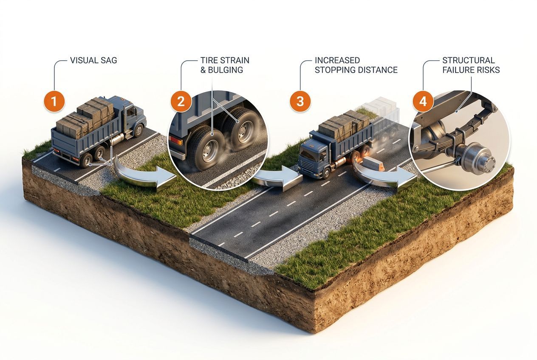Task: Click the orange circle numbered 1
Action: click(54, 101)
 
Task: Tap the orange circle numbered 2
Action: click(181, 101)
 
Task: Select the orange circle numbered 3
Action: click(300, 101)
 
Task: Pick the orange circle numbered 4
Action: click(423, 101)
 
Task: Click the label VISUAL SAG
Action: click(93, 60)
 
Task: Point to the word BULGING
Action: click(225, 70)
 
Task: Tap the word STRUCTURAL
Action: click(469, 60)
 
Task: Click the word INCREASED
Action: click(337, 60)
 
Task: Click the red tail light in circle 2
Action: click(176, 140)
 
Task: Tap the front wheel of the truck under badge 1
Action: click(138, 130)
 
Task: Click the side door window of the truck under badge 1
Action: click(131, 111)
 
